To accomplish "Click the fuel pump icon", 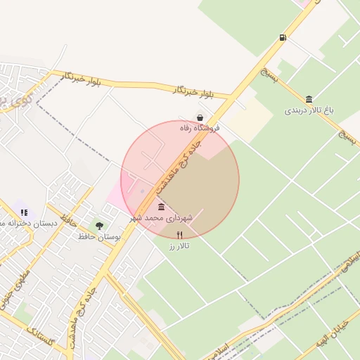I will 283,37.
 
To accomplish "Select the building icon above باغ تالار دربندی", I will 309,99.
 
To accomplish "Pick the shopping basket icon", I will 200,117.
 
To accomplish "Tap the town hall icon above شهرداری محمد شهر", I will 162,207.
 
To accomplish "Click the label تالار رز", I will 179,247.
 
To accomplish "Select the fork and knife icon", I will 179,236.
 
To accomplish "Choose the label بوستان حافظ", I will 99,238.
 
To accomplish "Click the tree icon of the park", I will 99,226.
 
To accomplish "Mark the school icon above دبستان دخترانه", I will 24,212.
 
